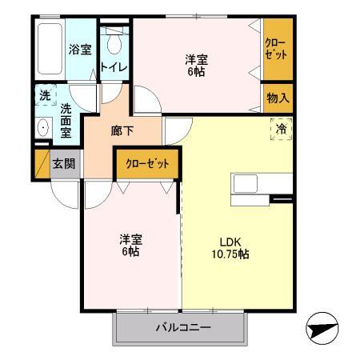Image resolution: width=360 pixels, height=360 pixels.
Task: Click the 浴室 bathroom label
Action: pos(80,50)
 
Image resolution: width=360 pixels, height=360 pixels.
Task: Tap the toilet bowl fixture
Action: pos(114,42)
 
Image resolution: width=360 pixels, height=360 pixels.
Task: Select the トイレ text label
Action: pos(114,67)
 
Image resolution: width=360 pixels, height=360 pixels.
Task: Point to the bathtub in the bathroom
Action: pos(50,49)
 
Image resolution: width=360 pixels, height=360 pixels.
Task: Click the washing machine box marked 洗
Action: pos(46,95)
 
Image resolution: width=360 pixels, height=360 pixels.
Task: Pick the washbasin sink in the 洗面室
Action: pos(43,127)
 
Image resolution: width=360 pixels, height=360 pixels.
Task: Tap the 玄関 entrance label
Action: pos(64,164)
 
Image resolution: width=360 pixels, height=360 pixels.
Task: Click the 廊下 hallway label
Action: pos(122,130)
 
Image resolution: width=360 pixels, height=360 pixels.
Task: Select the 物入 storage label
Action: pos(278,98)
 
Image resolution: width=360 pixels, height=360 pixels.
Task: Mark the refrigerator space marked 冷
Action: pos(282,130)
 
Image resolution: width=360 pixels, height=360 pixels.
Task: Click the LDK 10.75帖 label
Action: pos(230,248)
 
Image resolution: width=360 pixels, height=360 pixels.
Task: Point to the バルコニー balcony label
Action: pos(183,327)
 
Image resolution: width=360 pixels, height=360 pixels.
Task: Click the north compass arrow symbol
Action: pos(322,328)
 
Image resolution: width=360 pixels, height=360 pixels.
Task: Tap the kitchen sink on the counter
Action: pos(246,183)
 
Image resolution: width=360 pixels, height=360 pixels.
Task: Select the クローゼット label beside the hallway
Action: pos(147,163)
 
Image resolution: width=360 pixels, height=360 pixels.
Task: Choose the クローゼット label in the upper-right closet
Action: pos(276,49)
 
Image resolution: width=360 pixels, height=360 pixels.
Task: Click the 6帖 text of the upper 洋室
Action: pos(197,72)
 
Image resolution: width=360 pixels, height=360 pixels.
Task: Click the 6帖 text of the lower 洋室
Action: pos(130,251)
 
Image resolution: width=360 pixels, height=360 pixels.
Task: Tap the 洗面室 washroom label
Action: pos(66,121)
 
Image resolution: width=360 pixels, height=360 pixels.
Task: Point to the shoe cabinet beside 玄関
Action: pos(42,164)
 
